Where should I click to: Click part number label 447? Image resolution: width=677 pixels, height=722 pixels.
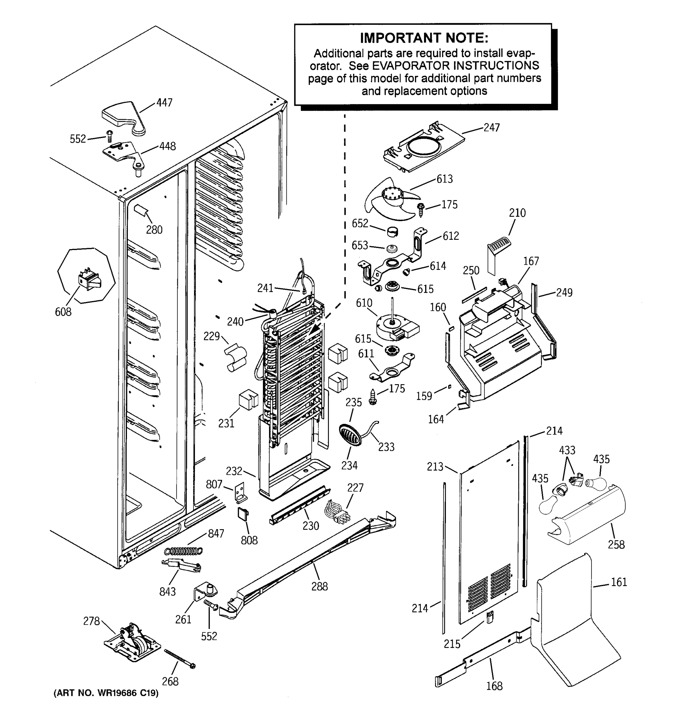pos(164,103)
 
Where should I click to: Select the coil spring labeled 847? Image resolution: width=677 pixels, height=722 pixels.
pos(184,551)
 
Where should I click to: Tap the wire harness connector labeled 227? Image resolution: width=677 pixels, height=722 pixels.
pos(337,511)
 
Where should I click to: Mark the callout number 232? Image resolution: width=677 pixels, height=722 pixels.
pos(233,471)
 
